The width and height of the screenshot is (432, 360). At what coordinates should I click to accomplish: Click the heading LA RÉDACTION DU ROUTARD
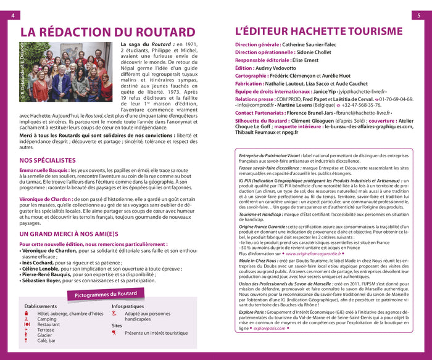[107, 31]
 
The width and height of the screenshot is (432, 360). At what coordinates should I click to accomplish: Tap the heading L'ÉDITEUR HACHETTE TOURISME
[318, 31]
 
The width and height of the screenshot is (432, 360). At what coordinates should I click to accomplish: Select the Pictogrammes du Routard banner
[106, 295]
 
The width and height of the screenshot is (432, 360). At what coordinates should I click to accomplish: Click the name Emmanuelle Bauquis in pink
[43, 170]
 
